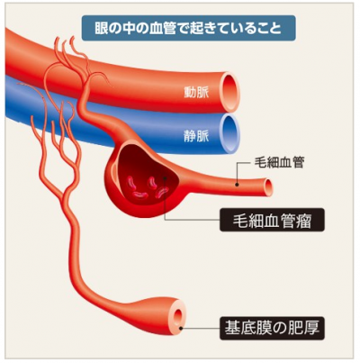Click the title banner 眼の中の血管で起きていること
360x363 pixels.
pos(188,28)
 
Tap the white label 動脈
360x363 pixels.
pos(196,92)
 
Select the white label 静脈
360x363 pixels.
pos(196,135)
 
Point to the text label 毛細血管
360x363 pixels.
pos(279,162)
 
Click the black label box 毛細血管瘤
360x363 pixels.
pos(272,220)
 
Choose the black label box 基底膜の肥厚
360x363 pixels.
pos(272,328)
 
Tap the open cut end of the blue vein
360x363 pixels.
pos(230,133)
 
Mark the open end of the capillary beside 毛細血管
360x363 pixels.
pos(269,187)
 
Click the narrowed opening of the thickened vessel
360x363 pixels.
pos(178,316)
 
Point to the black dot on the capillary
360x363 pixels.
pos(237,185)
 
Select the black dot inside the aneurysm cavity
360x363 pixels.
pos(165,178)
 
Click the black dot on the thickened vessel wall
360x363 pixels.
pos(181,328)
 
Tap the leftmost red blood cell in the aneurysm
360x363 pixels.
pos(131,183)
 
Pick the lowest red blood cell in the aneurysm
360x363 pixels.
pos(140,195)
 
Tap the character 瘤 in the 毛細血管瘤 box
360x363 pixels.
pos(306,220)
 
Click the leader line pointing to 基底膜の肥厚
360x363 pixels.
pos(201,328)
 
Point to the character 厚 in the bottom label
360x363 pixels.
pos(311,328)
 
